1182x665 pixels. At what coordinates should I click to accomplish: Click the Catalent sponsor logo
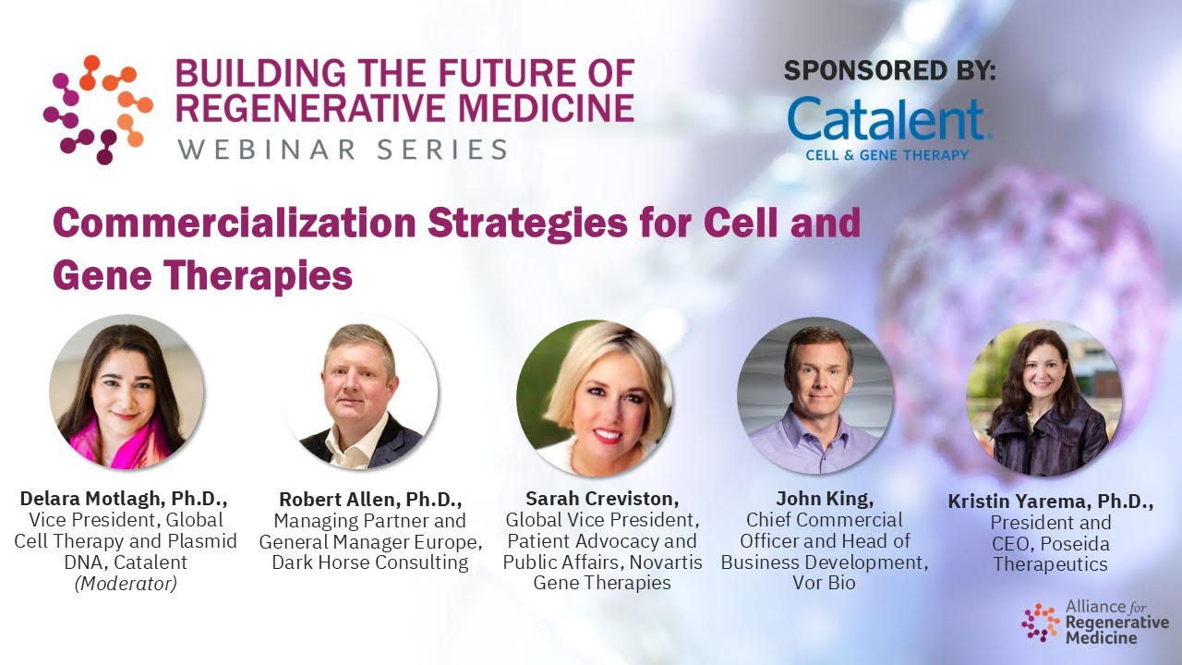coord(889,127)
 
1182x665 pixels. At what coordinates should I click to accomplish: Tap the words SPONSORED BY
coord(889,70)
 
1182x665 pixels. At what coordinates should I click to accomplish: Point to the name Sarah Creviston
coord(602,500)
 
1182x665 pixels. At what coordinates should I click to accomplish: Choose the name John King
coord(824,500)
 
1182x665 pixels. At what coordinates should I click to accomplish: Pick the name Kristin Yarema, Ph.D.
coord(1050,502)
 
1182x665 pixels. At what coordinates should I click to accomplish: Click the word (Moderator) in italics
coord(126,583)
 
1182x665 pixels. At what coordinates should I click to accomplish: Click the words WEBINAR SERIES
coord(343,149)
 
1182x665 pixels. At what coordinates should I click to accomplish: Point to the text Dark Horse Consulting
coord(370,562)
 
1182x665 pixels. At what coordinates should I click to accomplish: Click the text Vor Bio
coord(824,583)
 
